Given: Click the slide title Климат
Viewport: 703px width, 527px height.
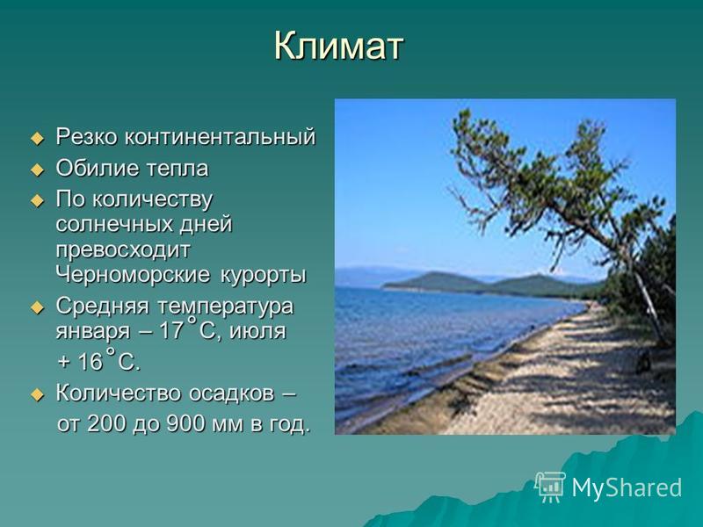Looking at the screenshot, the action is [338, 46].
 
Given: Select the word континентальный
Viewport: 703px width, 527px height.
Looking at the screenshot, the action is [220, 136].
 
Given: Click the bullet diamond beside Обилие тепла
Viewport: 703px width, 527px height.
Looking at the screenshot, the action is [38, 170].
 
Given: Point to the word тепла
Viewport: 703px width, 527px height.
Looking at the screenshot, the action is [178, 169].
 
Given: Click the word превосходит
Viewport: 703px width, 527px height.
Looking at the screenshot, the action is [123, 250].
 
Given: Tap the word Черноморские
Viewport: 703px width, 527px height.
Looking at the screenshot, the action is [134, 274].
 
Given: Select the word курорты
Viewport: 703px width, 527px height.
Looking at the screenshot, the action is [263, 275].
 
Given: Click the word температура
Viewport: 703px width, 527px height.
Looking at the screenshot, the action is [225, 307].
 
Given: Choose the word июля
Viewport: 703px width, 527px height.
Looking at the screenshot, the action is [257, 331].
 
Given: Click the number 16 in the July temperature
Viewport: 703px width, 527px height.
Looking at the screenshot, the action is [91, 361].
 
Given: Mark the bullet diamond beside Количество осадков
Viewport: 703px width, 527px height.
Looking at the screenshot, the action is [38, 394].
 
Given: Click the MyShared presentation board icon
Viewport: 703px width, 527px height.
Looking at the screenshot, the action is [550, 487].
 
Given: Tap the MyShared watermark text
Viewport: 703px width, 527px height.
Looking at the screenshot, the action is [627, 487].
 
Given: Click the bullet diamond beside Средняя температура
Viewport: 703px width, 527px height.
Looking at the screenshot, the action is [38, 308].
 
